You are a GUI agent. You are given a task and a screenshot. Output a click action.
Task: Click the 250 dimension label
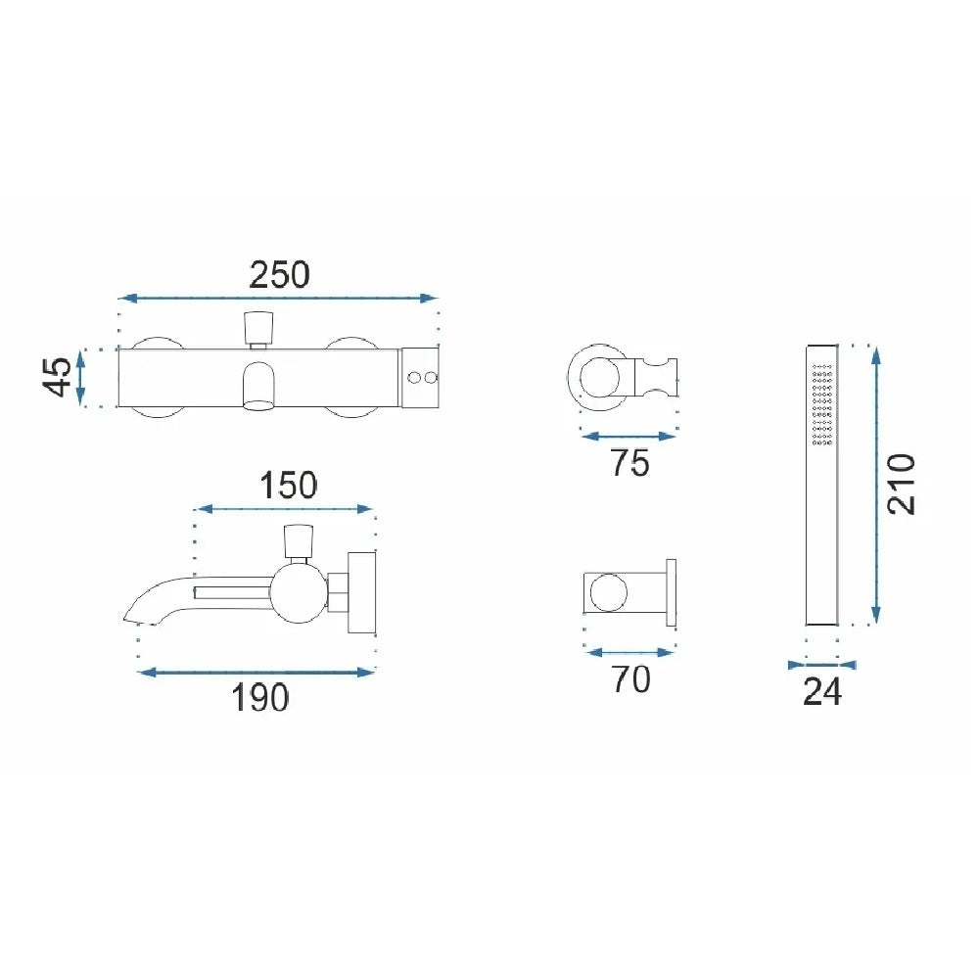click(x=279, y=275)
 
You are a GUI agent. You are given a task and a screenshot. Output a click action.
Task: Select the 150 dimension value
click(x=288, y=486)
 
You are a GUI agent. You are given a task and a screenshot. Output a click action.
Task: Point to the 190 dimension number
click(x=260, y=697)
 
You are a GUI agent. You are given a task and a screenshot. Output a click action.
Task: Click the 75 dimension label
click(x=629, y=463)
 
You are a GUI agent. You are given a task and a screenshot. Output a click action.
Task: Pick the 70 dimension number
click(x=630, y=679)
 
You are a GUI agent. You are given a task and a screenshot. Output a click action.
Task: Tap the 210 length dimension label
click(x=902, y=484)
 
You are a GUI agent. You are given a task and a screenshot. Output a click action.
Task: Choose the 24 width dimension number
click(x=821, y=692)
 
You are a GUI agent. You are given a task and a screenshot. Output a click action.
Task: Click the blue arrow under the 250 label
click(x=278, y=299)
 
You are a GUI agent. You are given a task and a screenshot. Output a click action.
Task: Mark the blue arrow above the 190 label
click(x=256, y=673)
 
